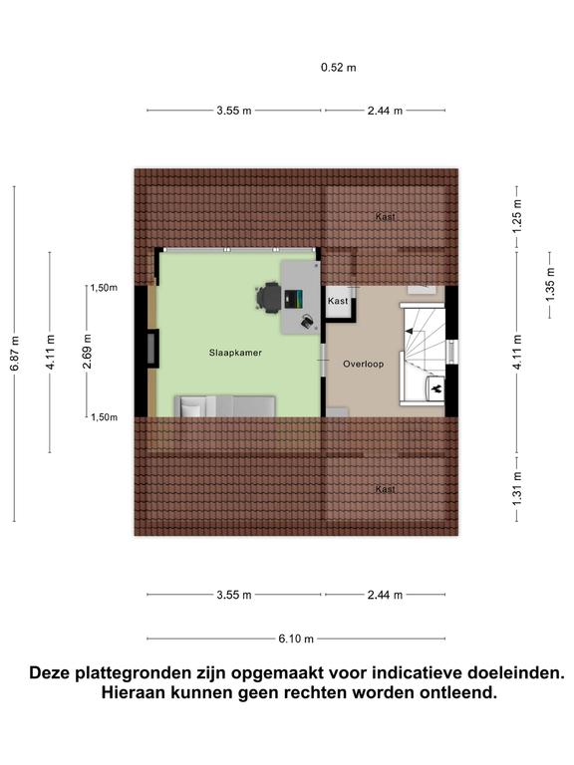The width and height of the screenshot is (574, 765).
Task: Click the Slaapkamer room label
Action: pos(235,353)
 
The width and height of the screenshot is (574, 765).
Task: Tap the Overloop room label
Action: pos(363,364)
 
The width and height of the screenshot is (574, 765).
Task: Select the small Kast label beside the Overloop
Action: pos(338,301)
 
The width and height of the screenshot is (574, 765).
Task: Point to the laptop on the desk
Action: pos(293,299)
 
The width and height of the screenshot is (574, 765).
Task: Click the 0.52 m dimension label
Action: pos(338,68)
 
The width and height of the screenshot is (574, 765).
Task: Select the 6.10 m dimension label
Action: pos(296,638)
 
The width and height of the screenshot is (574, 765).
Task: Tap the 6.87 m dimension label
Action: pos(15,354)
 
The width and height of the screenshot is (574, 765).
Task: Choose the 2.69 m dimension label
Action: pos(87,352)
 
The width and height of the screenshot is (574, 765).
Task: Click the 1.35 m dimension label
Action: pos(550,285)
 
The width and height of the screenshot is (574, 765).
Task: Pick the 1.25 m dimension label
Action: pos(517,216)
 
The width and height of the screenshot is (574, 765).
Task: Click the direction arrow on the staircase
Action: pos(409,332)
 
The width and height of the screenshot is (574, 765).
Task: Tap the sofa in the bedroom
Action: pos(225,406)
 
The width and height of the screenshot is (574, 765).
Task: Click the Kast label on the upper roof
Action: pos(385,216)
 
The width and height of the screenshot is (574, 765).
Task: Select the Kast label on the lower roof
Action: pos(385,489)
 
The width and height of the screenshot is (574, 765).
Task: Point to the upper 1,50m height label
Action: pos(104,288)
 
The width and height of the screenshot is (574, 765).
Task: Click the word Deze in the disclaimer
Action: pos(49,672)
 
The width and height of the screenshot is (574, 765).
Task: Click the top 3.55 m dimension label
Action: pos(234,111)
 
